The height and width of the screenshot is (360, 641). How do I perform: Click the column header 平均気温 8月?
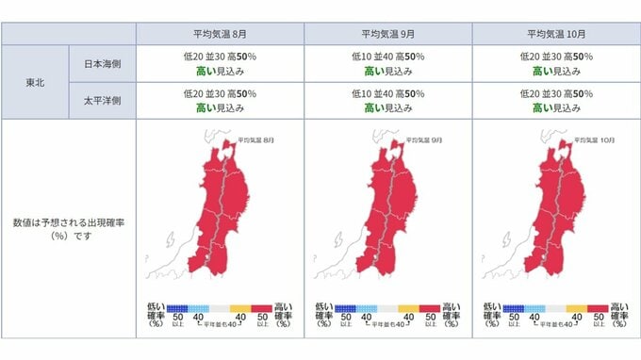tap(220, 33)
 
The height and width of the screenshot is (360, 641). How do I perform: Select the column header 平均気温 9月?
tap(386, 33)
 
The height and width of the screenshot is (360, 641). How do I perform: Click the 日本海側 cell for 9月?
tap(386, 63)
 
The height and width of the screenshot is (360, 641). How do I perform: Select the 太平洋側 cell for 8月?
tap(220, 102)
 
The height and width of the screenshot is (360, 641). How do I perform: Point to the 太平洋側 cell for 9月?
tap(386, 102)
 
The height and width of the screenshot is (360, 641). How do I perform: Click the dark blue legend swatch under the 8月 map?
tap(177, 307)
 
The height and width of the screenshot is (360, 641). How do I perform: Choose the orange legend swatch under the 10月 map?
tap(575, 307)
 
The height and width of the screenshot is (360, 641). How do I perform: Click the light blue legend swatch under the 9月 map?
tap(366, 307)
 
